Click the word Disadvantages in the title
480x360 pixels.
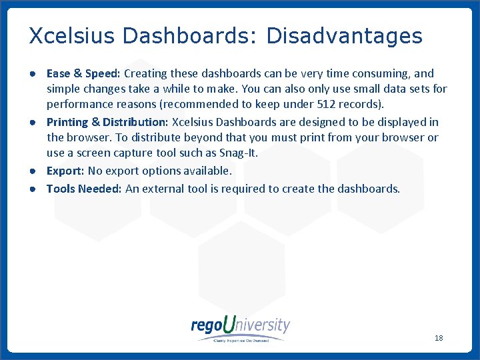pos(344,35)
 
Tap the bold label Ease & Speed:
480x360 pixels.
pos(83,73)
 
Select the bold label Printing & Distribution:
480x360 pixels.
pos(107,122)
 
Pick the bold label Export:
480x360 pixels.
pos(65,171)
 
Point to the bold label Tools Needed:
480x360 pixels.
pos(84,189)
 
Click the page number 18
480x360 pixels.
pos(439,338)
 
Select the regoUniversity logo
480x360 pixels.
pos(241,328)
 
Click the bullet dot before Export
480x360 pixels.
pos(32,171)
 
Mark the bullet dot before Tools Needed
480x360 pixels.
pos(32,189)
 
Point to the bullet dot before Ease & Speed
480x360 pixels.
pos(32,74)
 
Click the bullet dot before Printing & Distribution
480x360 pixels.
pos(32,123)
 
